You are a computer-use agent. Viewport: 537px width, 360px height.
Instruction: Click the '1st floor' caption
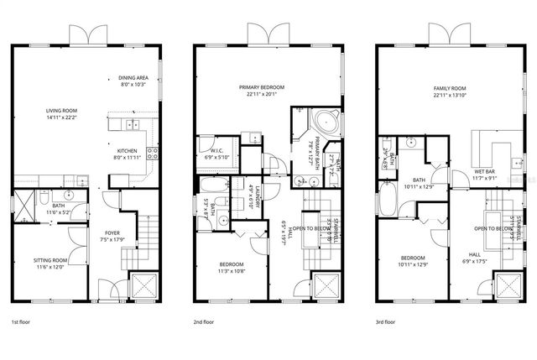pos(21,321)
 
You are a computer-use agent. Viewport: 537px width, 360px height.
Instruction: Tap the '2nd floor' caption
pos(205,321)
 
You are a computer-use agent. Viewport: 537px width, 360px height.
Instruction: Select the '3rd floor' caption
pos(387,321)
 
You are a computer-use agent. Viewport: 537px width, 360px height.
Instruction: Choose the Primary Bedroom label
pos(261,86)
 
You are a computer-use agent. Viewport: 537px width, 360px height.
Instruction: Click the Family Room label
pos(449,87)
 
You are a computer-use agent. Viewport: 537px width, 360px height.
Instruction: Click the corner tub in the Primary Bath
pos(328,123)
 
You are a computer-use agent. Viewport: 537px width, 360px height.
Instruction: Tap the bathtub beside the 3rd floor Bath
pos(388,200)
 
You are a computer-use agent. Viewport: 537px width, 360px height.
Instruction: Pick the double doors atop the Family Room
pos(447,34)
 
